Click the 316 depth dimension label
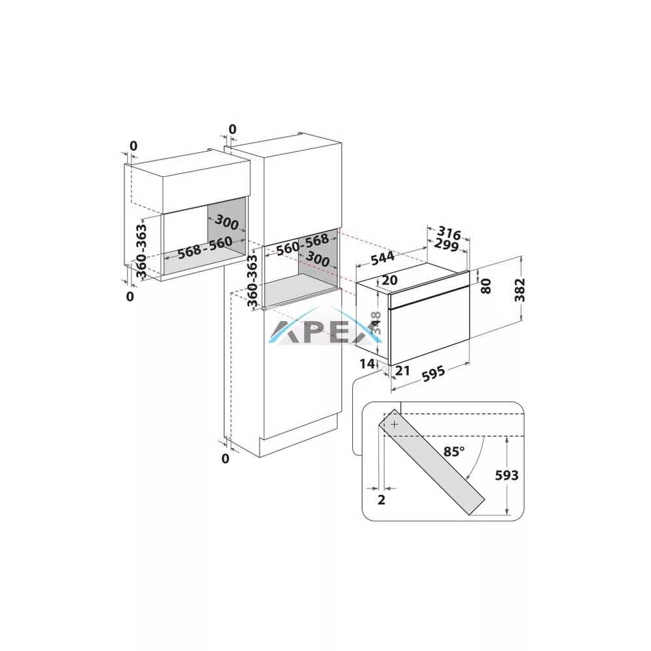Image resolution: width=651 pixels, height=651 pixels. (x=449, y=234)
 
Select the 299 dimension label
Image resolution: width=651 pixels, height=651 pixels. (x=447, y=245)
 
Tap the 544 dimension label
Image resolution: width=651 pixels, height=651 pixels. (x=382, y=258)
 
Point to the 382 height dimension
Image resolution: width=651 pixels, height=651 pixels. (x=519, y=290)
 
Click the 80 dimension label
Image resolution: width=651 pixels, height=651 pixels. (x=486, y=286)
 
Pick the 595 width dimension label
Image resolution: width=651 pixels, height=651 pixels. (x=434, y=374)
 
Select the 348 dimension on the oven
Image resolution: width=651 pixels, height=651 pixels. (x=376, y=323)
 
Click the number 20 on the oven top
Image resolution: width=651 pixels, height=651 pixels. (x=389, y=280)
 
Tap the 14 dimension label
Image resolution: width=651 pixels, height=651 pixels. (x=367, y=364)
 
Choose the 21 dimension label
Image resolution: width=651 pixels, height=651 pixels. (x=402, y=370)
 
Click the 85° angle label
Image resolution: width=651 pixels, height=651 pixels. (x=454, y=451)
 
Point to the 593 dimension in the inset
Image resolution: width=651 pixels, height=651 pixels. (x=506, y=475)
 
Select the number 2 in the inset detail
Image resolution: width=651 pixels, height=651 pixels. (x=381, y=499)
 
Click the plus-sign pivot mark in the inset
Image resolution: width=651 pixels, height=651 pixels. (x=395, y=424)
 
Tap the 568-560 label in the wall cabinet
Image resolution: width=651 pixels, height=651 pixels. (x=204, y=248)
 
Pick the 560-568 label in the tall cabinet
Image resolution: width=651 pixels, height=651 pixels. (x=303, y=244)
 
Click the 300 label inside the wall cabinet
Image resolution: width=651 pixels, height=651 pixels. (x=227, y=222)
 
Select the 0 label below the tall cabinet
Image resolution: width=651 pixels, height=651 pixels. (x=225, y=459)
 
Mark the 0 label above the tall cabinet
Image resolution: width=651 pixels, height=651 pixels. (x=232, y=130)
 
